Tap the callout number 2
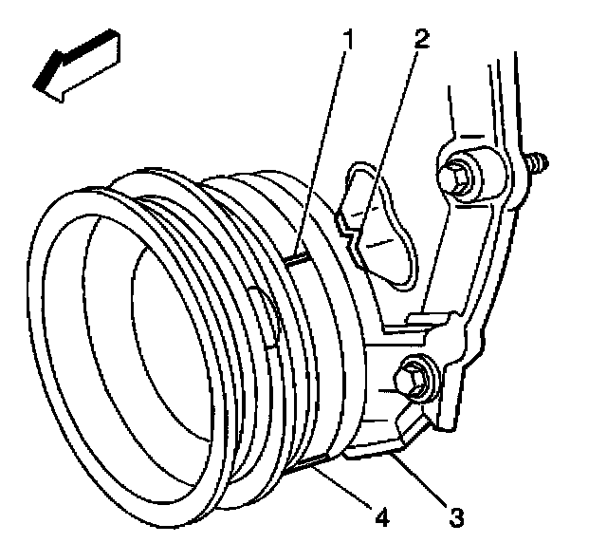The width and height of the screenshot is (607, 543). click(x=421, y=41)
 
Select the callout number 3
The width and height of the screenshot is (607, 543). click(x=456, y=517)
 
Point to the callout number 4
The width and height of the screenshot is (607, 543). click(x=382, y=518)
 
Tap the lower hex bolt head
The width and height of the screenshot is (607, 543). click(x=414, y=380)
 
